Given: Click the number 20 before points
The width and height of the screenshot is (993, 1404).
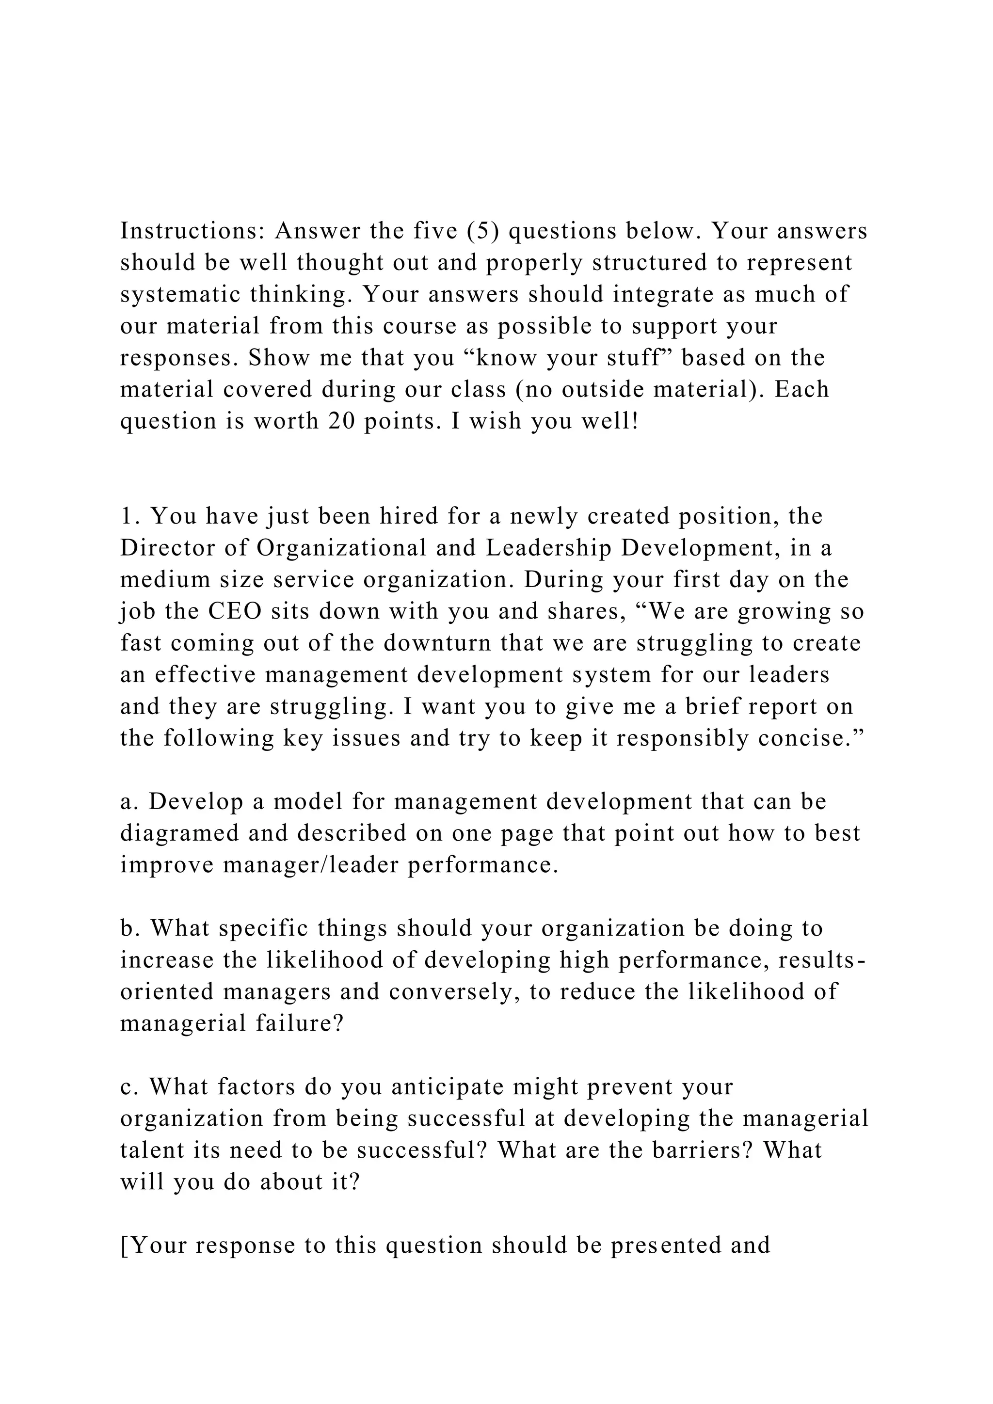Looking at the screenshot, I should coord(342,422).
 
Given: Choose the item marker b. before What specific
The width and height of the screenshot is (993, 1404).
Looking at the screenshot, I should coord(129,929).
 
